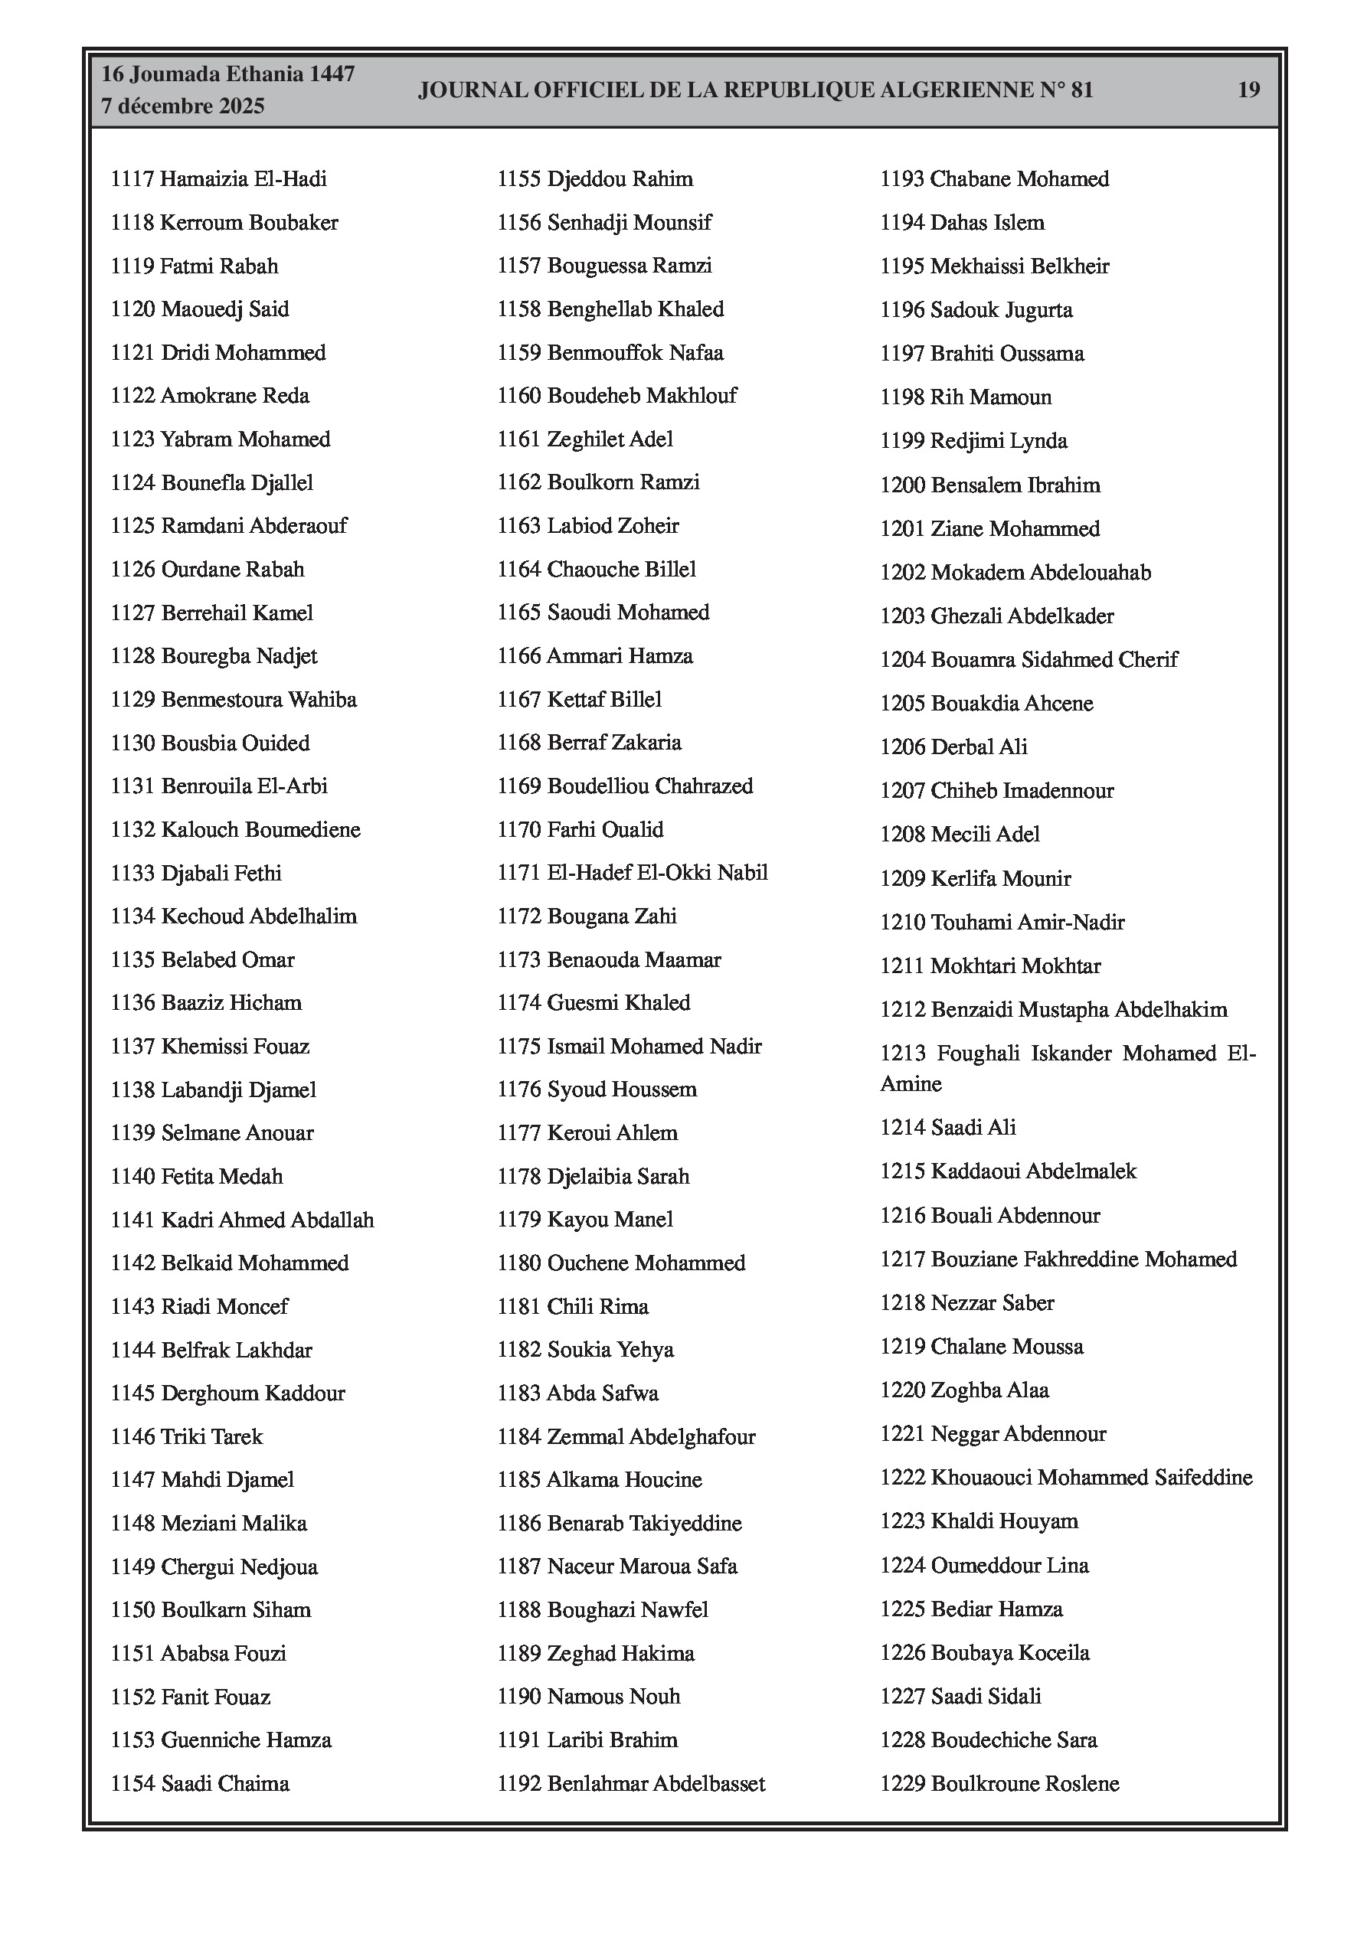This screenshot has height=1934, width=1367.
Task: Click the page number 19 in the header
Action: [x=1248, y=90]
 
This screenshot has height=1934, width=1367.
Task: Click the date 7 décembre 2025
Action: [x=183, y=106]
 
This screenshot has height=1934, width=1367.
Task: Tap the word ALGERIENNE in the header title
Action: [x=957, y=90]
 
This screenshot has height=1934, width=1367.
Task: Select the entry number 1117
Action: [x=132, y=179]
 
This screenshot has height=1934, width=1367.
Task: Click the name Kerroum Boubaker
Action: [x=250, y=224]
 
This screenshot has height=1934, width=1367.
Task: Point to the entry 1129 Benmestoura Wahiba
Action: [x=234, y=700]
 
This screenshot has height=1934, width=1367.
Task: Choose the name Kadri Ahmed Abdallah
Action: [x=267, y=1220]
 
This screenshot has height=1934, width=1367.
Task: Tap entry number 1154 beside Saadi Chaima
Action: [x=132, y=1783]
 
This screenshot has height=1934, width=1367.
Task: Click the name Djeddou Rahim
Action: [x=620, y=179]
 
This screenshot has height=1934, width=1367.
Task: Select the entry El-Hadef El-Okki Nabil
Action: [x=657, y=873]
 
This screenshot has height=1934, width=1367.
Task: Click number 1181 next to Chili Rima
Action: [x=518, y=1306]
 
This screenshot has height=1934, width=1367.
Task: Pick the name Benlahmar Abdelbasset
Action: [x=656, y=1783]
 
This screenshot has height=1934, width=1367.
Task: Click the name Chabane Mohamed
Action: [x=1020, y=179]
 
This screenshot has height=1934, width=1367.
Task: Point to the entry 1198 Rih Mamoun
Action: [x=966, y=397]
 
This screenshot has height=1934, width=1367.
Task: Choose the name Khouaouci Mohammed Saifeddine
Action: [x=1091, y=1478]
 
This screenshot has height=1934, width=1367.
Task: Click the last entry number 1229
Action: [x=902, y=1783]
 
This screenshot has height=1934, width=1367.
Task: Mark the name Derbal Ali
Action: [x=979, y=747]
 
